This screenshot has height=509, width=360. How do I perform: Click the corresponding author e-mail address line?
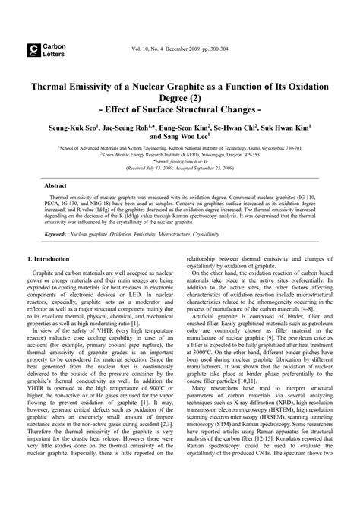(180, 161)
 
